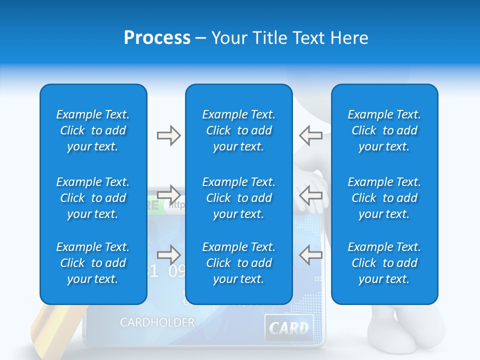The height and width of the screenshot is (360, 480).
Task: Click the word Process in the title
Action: point(157,38)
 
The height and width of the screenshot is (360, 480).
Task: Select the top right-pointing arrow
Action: point(168,135)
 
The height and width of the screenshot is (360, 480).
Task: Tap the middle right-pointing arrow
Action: point(168,194)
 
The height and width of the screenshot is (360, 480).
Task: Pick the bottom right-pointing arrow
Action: point(168,255)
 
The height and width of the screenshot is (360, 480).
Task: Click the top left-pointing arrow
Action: point(310,135)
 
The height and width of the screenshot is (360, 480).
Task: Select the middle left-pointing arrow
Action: point(310,194)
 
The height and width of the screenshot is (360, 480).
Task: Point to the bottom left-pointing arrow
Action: point(310,255)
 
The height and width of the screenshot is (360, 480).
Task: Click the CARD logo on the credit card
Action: point(289,328)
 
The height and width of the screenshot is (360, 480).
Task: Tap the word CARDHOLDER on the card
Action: point(157,322)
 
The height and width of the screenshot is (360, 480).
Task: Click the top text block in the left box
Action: point(93,130)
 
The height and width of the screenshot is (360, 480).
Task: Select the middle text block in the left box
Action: point(93,198)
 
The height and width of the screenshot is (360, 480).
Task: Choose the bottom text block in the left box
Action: point(93,263)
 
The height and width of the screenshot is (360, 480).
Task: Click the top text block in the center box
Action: point(239,130)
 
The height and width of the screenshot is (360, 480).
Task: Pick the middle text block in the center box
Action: point(239,198)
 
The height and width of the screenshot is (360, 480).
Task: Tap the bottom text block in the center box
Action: point(239,263)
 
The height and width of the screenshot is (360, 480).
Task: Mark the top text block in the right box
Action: point(384,130)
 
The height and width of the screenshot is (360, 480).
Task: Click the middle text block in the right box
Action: point(384,198)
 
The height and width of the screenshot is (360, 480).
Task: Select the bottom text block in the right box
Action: point(384,263)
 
